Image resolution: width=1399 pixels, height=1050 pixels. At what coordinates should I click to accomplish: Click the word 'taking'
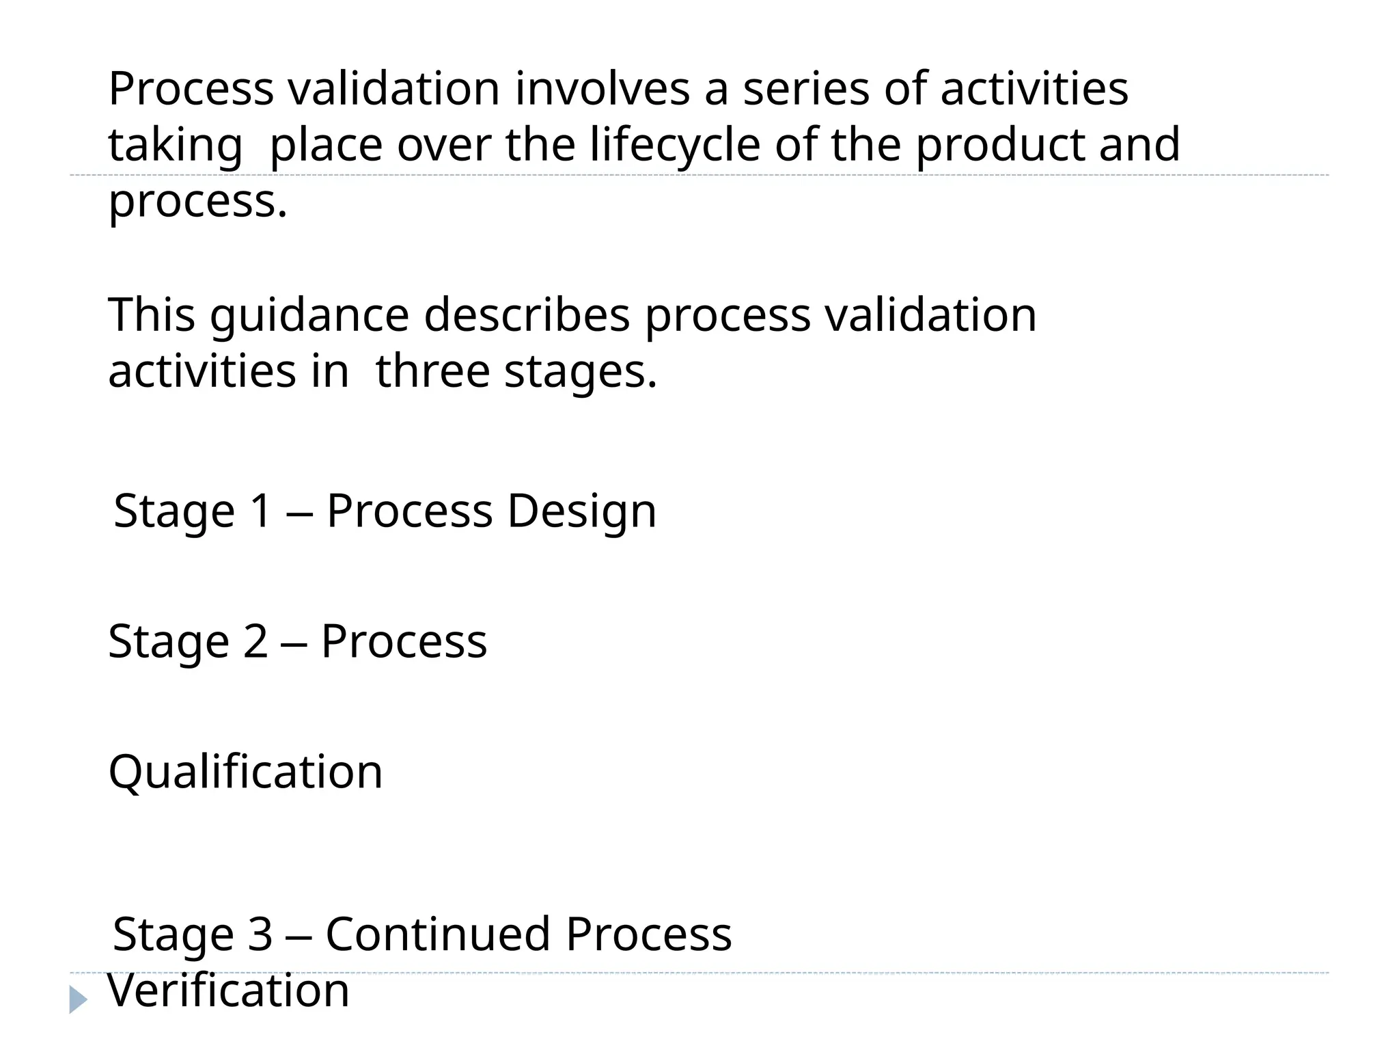175,146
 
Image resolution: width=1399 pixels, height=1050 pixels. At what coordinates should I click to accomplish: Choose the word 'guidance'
309,316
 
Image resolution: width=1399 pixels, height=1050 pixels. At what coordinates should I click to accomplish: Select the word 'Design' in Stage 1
581,511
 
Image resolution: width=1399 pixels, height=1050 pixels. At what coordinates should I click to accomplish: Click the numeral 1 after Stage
261,511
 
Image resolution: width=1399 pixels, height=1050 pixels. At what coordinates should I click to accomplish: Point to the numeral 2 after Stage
255,642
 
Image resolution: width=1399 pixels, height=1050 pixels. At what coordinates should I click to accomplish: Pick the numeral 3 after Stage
260,934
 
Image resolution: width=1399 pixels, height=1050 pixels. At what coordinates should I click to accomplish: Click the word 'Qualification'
245,772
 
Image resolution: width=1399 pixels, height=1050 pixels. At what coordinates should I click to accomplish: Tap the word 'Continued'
438,934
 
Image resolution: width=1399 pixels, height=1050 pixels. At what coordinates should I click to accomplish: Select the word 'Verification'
229,991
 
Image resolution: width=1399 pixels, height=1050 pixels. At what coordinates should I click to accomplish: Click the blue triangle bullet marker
78,1000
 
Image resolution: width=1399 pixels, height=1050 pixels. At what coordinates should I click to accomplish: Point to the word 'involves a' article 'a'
716,90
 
